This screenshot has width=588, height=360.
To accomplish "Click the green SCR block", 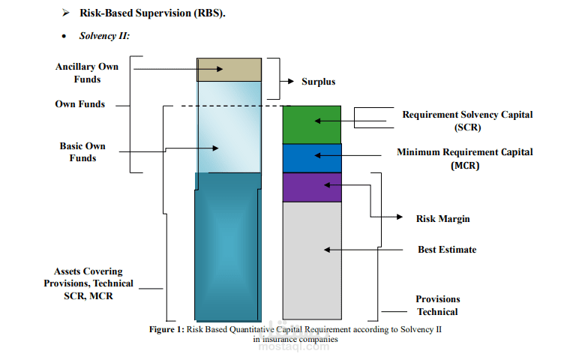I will pos(312,124).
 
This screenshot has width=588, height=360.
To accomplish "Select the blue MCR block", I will pos(312,158).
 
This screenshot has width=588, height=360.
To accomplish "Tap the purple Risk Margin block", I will pos(312,187).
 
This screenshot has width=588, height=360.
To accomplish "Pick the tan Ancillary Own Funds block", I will pos(229,69).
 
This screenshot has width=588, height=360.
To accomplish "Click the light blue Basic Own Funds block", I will pos(229,127).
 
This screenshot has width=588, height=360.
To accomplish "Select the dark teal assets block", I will pos(228,247).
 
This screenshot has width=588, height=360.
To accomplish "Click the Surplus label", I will pos(318,82).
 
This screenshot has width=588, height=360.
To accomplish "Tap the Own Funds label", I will pos(80,104).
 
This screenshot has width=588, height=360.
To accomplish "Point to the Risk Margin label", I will pos(442,219).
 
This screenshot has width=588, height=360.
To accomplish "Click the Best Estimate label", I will pos(447,249).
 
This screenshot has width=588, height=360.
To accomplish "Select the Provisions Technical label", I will pos(438,305).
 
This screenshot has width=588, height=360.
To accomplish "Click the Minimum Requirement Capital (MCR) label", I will pos(465,158).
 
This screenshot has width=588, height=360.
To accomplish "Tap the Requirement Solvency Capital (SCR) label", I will pos(467,121).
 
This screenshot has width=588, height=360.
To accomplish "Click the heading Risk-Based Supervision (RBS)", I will pos(152,13).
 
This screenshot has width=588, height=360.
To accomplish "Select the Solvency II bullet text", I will pos(105,36).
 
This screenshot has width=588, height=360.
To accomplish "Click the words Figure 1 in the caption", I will pos(166,329).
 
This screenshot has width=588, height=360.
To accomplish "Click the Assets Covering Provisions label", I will pos(88,283).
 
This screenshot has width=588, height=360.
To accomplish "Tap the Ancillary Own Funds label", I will pos(87,73).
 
